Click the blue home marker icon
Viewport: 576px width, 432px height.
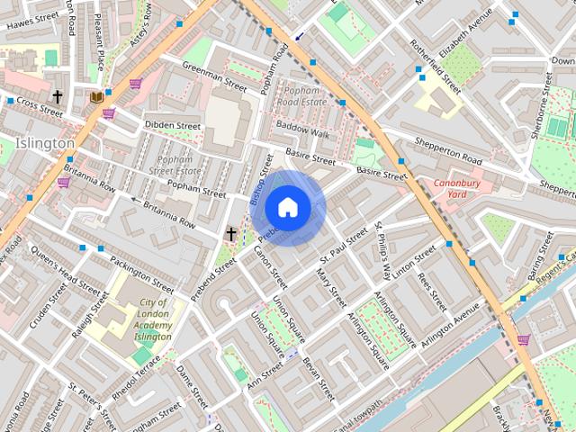point(288,207)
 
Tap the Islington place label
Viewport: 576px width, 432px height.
point(45,143)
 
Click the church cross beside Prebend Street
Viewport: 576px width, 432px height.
point(230,234)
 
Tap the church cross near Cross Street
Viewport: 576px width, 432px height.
point(58,96)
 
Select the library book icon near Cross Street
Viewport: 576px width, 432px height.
point(95,96)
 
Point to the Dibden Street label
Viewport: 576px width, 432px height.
point(173,126)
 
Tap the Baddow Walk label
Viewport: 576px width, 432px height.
point(302,131)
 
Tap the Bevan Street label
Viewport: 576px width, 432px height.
point(319,379)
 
